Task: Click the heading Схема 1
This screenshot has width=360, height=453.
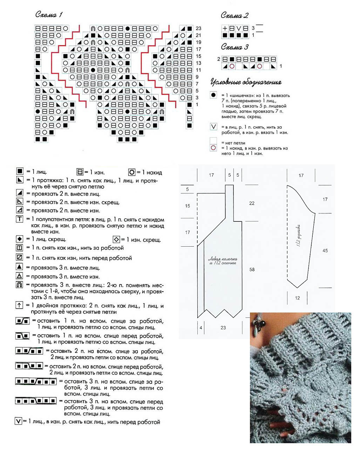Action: point(49,14)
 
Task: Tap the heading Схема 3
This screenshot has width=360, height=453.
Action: point(235,47)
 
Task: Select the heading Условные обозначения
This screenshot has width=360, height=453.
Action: point(246,82)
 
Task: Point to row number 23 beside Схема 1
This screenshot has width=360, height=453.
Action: point(198,28)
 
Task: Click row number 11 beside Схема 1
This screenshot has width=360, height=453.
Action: point(198,70)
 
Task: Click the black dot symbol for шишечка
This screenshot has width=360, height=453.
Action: point(213,95)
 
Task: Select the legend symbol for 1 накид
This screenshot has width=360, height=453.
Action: point(132,172)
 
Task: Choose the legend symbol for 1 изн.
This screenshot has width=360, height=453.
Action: point(80,172)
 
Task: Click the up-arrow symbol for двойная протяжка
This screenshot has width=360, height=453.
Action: point(20,305)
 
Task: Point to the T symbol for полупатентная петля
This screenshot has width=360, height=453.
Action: point(20,219)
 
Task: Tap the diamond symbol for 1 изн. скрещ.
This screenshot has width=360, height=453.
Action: point(116,239)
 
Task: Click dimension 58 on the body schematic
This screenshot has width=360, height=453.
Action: point(252,269)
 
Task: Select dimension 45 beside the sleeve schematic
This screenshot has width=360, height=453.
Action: point(325,250)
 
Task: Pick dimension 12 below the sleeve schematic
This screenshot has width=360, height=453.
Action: point(297,298)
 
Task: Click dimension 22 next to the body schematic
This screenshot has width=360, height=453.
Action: point(252,203)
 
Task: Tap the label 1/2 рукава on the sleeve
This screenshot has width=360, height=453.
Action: point(299,235)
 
